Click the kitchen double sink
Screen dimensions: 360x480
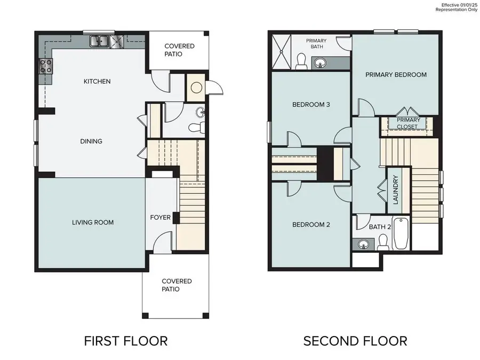(x=100, y=41)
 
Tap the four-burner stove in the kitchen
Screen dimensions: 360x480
(x=46, y=66)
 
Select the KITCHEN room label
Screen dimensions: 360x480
(x=97, y=82)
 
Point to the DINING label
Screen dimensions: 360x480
(x=91, y=141)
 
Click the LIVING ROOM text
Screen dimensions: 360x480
(x=93, y=222)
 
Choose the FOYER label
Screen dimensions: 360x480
(x=160, y=218)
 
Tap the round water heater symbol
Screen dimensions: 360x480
(x=195, y=88)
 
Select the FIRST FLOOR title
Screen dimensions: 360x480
(x=126, y=340)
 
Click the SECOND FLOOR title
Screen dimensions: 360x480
(x=355, y=340)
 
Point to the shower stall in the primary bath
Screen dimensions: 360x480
(x=283, y=52)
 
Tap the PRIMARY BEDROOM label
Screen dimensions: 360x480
(x=396, y=75)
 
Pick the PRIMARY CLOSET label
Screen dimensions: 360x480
(x=407, y=123)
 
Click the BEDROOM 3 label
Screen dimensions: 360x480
(x=311, y=105)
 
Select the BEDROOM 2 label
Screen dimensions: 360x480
(x=311, y=225)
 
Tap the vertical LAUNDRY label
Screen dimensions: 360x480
(x=396, y=190)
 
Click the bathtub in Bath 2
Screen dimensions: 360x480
(x=401, y=234)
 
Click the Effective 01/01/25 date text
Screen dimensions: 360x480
(x=458, y=5)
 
